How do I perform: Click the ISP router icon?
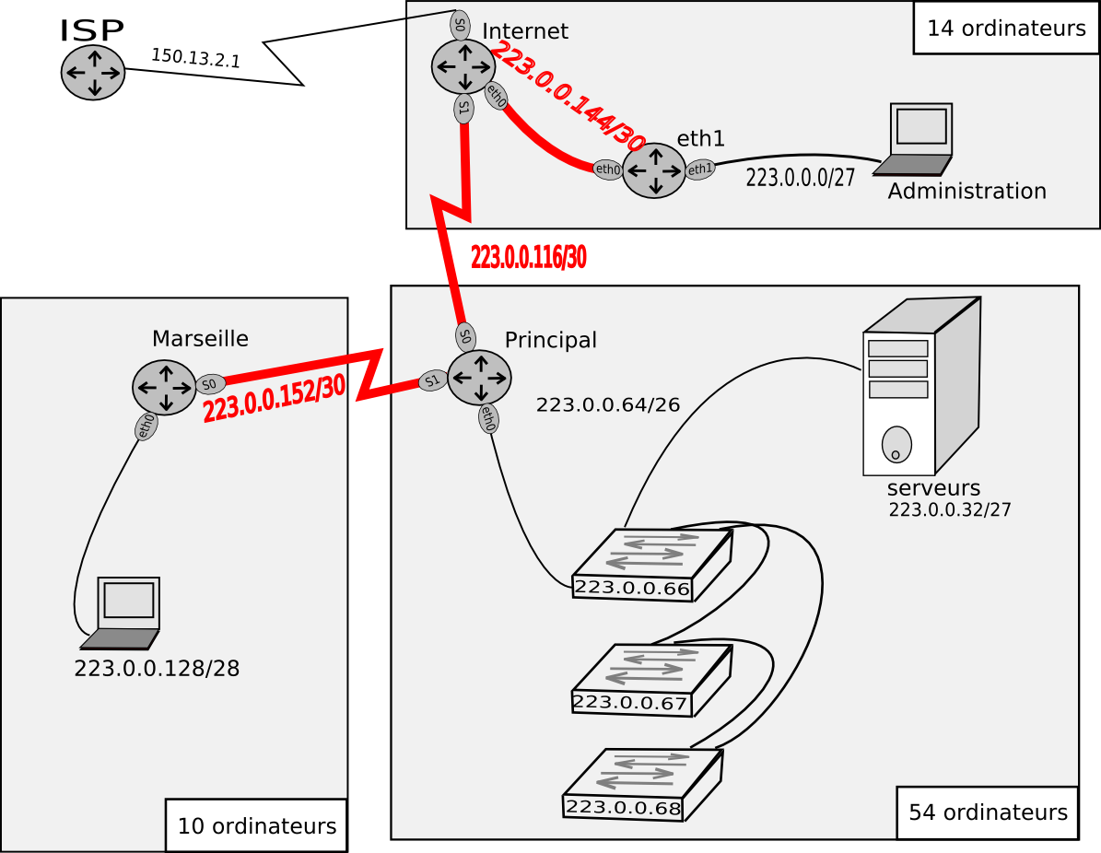[x=93, y=73]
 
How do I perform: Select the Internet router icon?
[x=463, y=66]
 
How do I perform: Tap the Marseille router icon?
[x=164, y=388]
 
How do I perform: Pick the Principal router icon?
[x=480, y=378]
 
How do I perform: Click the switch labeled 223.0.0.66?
[x=652, y=565]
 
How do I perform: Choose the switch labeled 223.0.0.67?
[x=651, y=680]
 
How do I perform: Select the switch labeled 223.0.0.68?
[x=642, y=785]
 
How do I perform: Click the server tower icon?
[x=921, y=387]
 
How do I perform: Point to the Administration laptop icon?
[x=913, y=139]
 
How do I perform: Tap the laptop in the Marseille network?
[x=120, y=613]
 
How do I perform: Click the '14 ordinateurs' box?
[x=1006, y=28]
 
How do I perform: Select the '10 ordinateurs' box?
[x=256, y=825]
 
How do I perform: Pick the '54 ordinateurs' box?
[x=988, y=812]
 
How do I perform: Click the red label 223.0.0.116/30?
[x=528, y=258]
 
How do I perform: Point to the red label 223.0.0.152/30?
[x=274, y=398]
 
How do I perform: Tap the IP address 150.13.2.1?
[x=196, y=58]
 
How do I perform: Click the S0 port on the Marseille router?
[x=210, y=384]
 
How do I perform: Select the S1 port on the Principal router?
[x=432, y=380]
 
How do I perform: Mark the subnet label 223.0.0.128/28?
[x=157, y=669]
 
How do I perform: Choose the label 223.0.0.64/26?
[x=608, y=405]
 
